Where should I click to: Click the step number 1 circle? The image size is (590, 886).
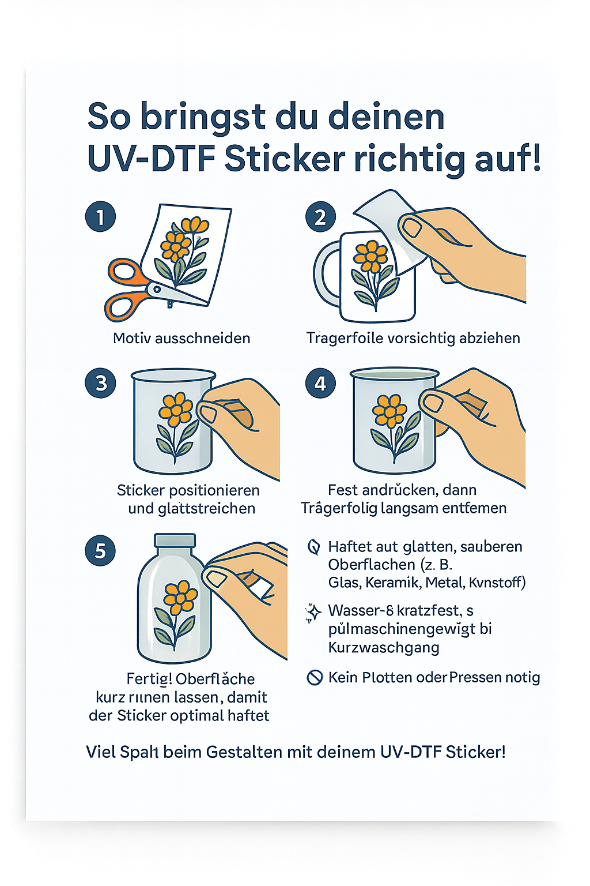pos(100,217)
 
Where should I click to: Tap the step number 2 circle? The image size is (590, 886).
pos(320,217)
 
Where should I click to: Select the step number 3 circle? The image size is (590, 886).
pos(100,383)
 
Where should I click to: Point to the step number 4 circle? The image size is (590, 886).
pos(320,383)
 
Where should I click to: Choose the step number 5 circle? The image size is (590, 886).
pos(100,550)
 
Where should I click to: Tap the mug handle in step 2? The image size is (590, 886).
pos(325,274)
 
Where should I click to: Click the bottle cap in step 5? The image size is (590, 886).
pos(175,541)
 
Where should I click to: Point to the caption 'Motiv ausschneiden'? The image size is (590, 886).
pos(181,338)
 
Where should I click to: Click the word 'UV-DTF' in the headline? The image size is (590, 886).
pos(151,159)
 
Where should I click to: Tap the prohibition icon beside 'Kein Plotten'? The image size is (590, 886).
pos(315,677)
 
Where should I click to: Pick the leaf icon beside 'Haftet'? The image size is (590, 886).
pos(314,547)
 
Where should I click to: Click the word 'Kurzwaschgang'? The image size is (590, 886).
pos(384,647)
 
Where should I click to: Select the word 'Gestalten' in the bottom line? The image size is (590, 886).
pos(250,752)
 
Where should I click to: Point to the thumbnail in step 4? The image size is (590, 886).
pos(433,403)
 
